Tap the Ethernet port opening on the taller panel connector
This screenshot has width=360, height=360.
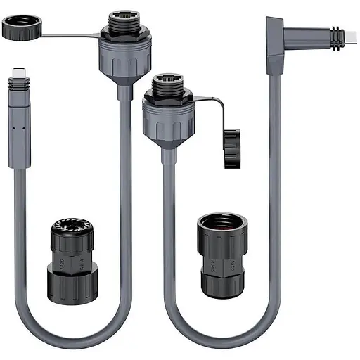124,13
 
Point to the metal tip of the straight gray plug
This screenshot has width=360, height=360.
19,73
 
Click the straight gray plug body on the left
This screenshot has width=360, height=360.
19,127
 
